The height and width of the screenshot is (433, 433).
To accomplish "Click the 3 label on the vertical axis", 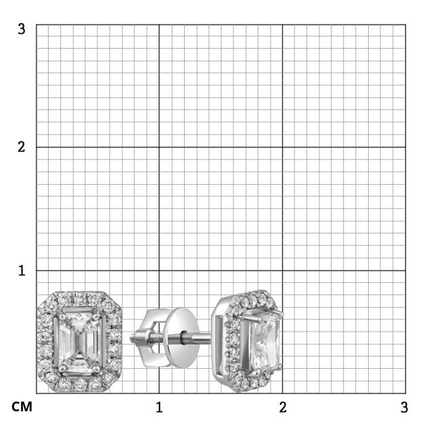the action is [x=22, y=28].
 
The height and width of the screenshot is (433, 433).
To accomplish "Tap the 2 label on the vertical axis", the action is [x=22, y=147].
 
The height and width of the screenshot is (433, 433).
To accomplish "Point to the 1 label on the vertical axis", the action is [x=22, y=271].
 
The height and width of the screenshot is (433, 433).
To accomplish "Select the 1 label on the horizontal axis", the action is [x=159, y=407].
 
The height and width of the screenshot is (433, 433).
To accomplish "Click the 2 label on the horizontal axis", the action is [x=283, y=407].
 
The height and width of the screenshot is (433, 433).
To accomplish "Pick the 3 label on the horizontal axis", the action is [x=405, y=407].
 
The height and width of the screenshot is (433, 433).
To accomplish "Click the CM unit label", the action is [x=22, y=407].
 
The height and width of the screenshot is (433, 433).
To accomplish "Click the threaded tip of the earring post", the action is [x=133, y=338].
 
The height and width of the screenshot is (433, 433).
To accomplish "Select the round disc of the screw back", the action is [x=181, y=338].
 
